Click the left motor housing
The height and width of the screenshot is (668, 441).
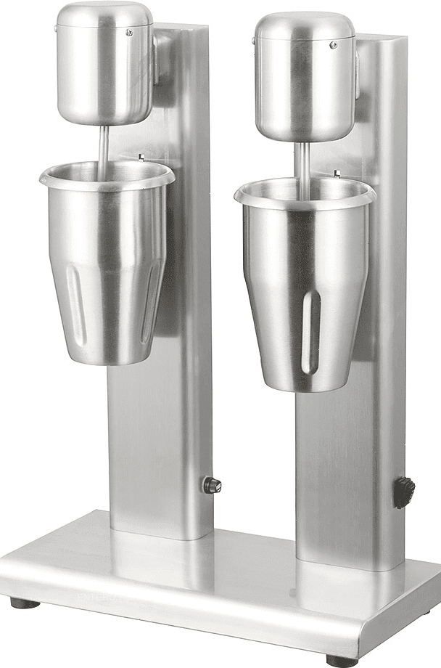coord(104,65)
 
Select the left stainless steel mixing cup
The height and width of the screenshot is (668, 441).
coord(106,269)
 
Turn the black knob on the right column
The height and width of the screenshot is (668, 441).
coord(404,492)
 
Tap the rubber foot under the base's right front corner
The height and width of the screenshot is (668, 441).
coord(342,661)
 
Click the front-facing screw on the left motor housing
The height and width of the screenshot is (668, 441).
coord(129,32)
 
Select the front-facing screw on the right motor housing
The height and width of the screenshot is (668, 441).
coord(334,45)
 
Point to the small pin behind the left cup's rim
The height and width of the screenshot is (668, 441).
coord(141,155)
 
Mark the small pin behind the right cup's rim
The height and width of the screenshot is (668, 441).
coord(337,173)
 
